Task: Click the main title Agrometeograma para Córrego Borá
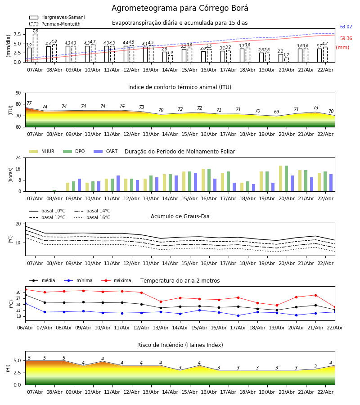(180, 9)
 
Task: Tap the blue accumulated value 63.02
(346, 27)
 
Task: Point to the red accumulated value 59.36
(346, 39)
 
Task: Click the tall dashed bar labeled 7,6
(35, 47)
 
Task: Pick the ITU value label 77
(29, 103)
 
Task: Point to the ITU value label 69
(276, 112)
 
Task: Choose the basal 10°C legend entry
(53, 211)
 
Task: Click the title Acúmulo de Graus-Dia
(180, 216)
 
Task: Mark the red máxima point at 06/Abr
(25, 289)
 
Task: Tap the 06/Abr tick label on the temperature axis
(25, 328)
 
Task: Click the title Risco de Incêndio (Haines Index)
(180, 345)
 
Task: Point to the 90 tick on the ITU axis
(18, 93)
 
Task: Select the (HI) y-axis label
(8, 368)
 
